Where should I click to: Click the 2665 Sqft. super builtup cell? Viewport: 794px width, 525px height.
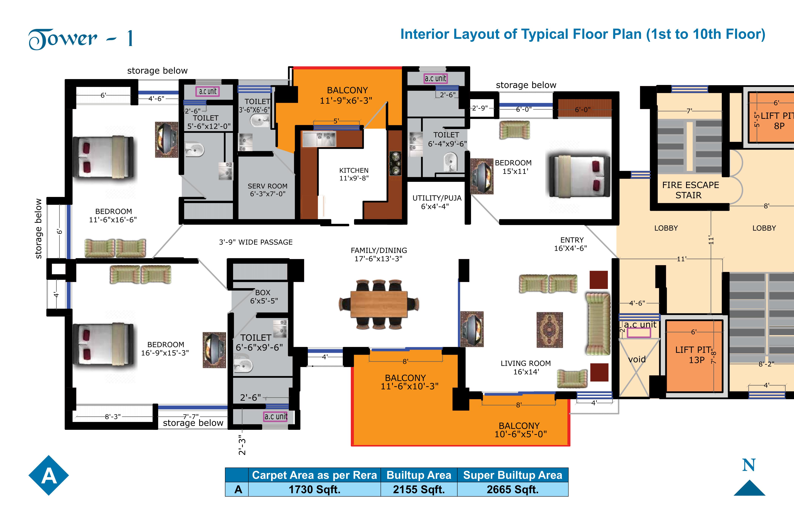513,489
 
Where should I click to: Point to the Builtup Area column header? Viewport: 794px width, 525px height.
419,475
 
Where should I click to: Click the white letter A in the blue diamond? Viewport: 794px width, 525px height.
49,476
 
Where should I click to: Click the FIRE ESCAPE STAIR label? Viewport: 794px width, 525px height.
690,190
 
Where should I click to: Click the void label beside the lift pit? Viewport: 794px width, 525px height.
637,359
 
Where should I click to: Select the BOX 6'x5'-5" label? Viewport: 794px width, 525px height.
264,297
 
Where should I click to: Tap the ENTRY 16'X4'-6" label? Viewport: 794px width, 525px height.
571,244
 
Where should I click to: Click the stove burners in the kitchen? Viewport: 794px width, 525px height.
395,163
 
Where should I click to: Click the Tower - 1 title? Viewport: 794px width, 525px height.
81,39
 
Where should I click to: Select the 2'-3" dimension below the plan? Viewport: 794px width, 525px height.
242,445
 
